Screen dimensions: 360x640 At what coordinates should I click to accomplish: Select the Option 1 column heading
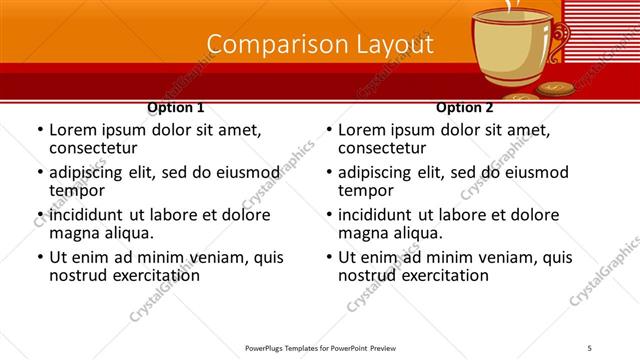(x=176, y=107)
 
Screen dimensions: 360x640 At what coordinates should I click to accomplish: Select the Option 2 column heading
(x=465, y=107)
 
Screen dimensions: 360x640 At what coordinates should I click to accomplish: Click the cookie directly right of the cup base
(x=554, y=89)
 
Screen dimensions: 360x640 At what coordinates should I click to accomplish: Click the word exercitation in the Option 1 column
(x=156, y=275)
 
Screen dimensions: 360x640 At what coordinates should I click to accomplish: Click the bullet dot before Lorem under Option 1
(x=39, y=130)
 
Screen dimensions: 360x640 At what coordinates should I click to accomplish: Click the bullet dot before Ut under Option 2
(x=328, y=257)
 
